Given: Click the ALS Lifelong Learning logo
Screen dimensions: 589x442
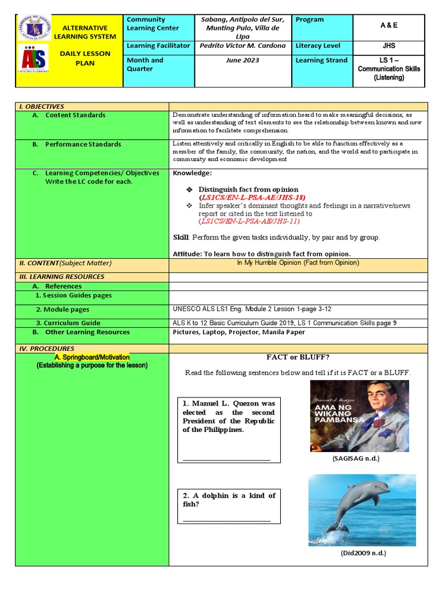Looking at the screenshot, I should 34,60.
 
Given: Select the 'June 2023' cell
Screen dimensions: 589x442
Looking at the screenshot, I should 243,60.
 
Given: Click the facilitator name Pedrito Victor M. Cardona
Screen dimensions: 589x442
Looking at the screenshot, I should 243,46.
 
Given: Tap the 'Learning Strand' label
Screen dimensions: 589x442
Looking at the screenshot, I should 321,60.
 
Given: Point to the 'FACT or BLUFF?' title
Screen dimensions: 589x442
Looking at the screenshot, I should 298,357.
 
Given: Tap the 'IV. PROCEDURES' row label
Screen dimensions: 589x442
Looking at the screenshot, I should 47,349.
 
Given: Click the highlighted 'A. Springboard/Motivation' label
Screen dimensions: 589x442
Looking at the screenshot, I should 92,357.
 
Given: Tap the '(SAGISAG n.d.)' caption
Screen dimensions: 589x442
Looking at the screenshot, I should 356,459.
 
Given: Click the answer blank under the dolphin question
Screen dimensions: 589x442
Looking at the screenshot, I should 227,520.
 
